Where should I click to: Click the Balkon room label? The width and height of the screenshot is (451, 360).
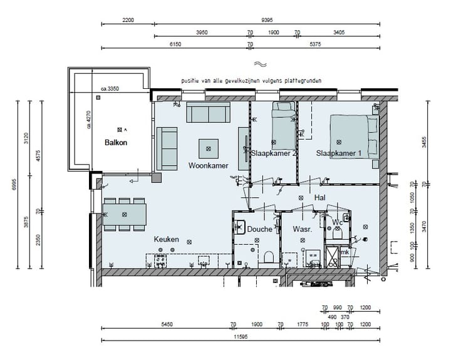(116, 143)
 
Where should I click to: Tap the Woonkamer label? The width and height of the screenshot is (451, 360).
(208, 165)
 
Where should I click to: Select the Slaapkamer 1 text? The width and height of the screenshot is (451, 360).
(339, 153)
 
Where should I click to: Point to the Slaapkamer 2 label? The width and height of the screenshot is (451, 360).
(274, 153)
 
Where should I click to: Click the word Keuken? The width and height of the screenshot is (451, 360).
(167, 239)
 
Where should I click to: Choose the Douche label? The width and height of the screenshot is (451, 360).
(259, 229)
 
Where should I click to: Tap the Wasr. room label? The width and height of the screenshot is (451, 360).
(303, 229)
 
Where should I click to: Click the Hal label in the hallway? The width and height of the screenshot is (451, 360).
(319, 197)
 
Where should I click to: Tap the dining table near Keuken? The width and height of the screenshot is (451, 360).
(124, 214)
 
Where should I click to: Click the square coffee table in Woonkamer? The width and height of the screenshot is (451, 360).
(209, 148)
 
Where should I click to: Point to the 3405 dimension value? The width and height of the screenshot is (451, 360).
(339, 32)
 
